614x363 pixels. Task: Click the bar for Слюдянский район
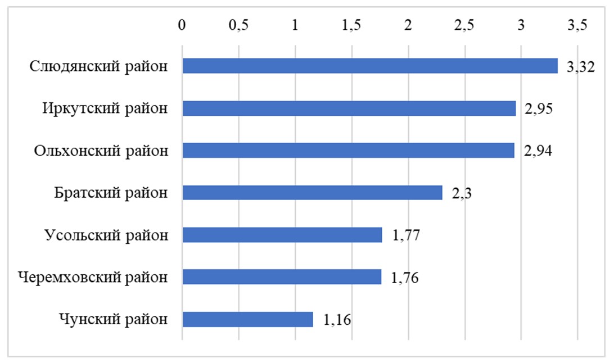[370, 66]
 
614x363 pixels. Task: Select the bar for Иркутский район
[349, 108]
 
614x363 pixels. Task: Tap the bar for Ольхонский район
[349, 150]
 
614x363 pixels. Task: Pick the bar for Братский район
[313, 193]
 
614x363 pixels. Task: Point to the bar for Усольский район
[282, 235]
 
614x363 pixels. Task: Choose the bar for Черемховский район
[282, 277]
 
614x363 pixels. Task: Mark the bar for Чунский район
[247, 319]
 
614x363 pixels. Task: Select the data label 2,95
[539, 109]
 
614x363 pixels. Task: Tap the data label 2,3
[462, 194]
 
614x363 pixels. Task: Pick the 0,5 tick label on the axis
[238, 25]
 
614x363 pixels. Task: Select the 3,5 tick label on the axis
[577, 25]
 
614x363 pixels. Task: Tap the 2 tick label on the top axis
[408, 25]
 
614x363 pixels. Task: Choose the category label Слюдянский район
[98, 66]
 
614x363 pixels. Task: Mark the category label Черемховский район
[92, 278]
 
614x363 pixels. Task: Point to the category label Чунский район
[113, 320]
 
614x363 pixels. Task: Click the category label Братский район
[111, 193]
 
